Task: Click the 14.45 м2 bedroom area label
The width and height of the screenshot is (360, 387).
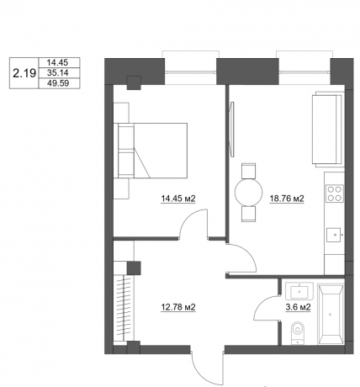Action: [x=178, y=199]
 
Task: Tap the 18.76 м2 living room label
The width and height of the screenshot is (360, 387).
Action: [x=286, y=199]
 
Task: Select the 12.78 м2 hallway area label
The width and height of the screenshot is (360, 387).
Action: [x=178, y=307]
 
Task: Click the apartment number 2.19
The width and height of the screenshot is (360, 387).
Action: [x=24, y=74]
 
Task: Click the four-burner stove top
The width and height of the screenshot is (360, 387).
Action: [x=334, y=194]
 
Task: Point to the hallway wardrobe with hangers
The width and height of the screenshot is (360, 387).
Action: [x=130, y=307]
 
